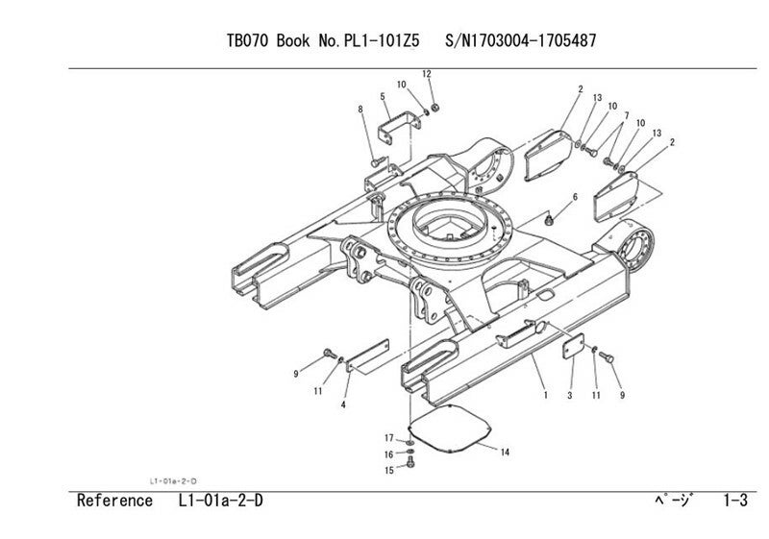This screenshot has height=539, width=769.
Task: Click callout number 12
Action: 428,74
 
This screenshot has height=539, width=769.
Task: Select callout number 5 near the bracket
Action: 383,97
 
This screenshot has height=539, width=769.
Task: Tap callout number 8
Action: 360,110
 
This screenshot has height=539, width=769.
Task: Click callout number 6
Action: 575,197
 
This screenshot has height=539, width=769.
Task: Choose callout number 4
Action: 343,405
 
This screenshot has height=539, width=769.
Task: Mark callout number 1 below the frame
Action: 545,394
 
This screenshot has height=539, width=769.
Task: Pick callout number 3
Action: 570,395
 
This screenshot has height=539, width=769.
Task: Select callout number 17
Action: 390,438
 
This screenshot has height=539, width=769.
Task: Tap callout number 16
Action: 390,454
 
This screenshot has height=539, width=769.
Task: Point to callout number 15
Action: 390,470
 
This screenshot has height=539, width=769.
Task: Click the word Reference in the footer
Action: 114,501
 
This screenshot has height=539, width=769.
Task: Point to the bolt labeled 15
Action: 411,465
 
